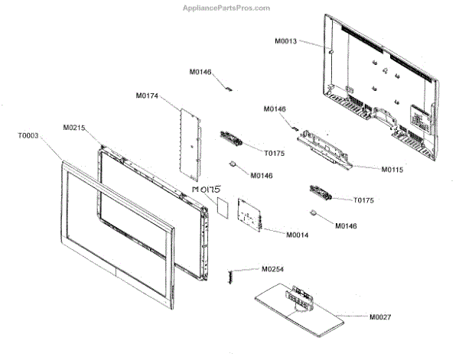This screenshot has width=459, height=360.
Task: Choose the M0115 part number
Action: click(375, 168)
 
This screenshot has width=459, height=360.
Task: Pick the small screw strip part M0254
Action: click(228, 275)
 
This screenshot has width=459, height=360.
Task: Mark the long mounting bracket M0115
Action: click(325, 145)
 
